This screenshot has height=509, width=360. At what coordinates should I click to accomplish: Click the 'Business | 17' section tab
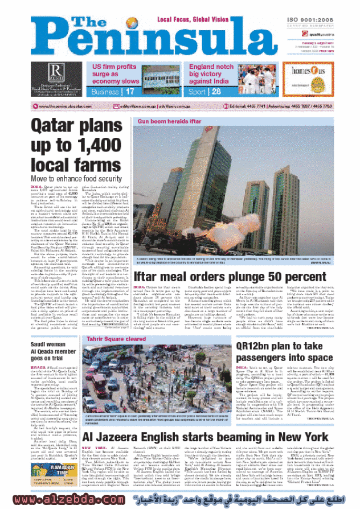click(114, 91)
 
